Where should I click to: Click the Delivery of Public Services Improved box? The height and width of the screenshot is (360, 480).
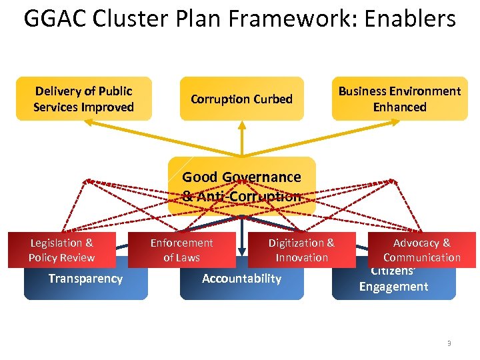click(x=83, y=99)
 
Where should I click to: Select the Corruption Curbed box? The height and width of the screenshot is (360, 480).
click(x=241, y=99)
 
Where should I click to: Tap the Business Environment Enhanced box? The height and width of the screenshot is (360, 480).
click(x=399, y=99)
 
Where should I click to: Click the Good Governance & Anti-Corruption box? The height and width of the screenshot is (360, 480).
click(x=241, y=186)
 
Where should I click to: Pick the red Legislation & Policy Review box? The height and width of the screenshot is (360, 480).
click(x=62, y=250)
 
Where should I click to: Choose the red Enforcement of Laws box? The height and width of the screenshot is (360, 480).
click(x=181, y=250)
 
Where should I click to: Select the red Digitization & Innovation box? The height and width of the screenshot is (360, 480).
click(x=301, y=250)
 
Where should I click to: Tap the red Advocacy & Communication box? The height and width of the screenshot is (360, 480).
click(x=421, y=250)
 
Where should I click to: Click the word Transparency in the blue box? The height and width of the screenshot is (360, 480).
click(x=85, y=279)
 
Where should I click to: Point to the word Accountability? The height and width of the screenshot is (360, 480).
click(x=241, y=279)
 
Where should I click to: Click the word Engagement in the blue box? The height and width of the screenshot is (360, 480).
click(x=393, y=287)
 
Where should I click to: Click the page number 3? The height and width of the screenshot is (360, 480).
click(x=449, y=343)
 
